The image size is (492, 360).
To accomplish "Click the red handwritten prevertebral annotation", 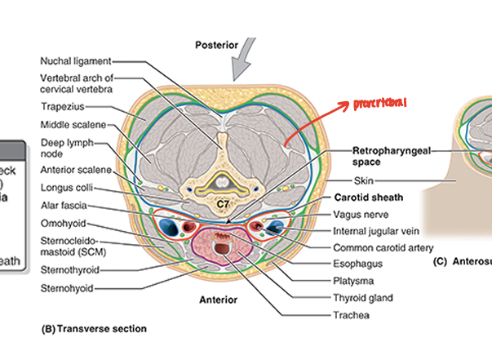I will [379, 104].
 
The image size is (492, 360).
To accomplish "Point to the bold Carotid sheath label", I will [369, 198].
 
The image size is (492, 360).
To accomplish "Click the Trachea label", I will [351, 314].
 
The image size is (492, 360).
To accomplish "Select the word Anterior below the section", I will [219, 300].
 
